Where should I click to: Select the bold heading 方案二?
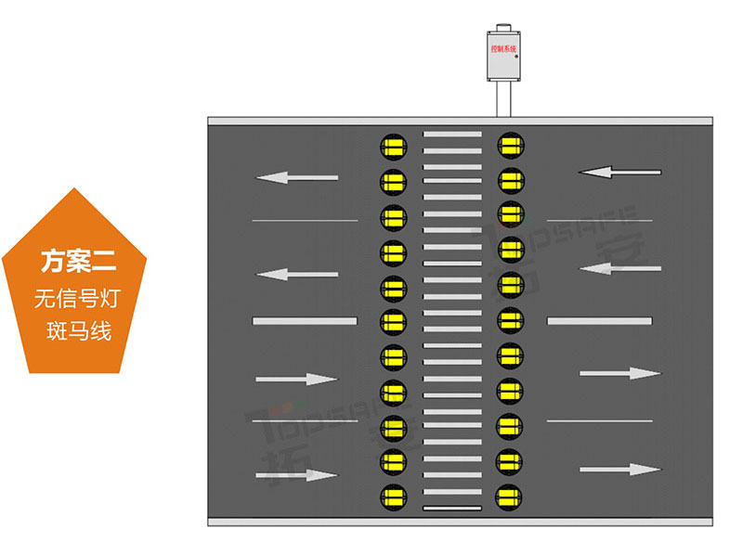(77, 261)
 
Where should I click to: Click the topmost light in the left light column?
(393, 146)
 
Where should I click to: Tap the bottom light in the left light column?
(393, 495)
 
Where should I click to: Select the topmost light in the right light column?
(510, 144)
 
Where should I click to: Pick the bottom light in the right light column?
(510, 495)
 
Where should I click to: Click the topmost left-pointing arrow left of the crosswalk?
(297, 176)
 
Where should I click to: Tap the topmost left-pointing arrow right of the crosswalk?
(619, 172)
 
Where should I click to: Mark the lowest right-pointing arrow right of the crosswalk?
(619, 470)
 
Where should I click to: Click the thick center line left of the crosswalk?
(305, 321)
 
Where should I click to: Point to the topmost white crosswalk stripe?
(452, 134)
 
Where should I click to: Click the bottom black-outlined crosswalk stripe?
(452, 508)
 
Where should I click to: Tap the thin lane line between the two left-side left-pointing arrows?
(305, 220)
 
